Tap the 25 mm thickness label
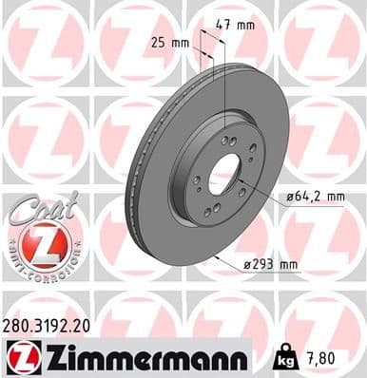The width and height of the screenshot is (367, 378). tap(169, 42)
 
